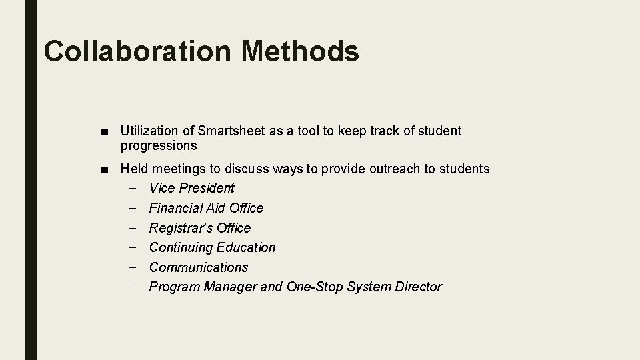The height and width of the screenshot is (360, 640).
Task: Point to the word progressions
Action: coord(159,145)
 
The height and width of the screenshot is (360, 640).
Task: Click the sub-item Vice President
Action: coord(192,188)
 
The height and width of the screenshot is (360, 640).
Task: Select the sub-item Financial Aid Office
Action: coord(206,208)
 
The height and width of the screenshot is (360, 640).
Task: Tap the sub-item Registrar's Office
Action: coord(200,228)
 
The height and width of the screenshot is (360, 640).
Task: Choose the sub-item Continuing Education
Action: coord(212,247)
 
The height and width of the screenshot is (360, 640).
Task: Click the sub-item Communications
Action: coord(198,267)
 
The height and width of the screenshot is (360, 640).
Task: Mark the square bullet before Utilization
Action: coord(107,131)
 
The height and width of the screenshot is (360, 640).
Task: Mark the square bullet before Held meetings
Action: coord(107,169)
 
